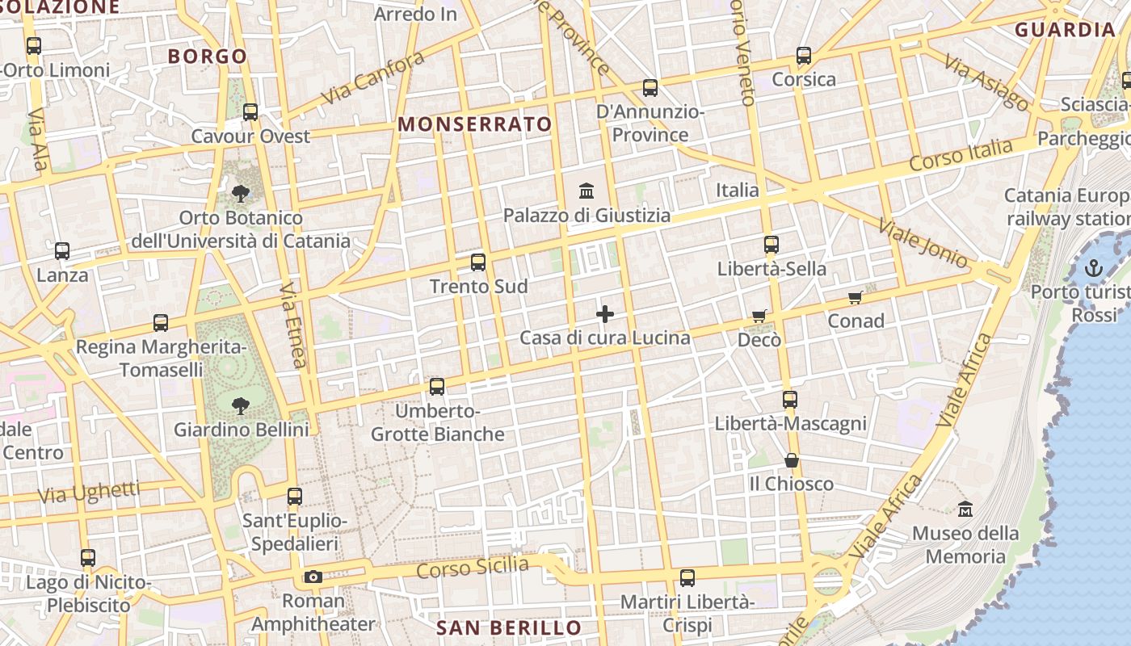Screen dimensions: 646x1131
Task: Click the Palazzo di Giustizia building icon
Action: point(587,191)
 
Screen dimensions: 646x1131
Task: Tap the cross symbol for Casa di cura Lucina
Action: point(605,314)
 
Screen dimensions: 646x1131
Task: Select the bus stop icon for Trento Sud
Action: point(478,262)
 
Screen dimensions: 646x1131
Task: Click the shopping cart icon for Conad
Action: point(856,297)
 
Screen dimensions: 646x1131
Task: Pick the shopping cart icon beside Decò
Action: point(759,316)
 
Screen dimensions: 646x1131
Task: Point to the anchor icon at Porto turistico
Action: point(1094,268)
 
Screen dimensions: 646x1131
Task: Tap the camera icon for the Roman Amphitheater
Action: point(313,577)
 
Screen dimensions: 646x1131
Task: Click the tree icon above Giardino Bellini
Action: point(241,405)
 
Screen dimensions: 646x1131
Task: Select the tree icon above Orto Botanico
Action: point(241,193)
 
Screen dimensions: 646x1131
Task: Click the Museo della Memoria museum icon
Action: point(965,510)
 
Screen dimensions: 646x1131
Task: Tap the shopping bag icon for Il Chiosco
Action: point(792,460)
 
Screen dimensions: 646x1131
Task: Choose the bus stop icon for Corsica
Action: point(804,56)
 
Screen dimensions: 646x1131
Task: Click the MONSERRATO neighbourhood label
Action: point(475,124)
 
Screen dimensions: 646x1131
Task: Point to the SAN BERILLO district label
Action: point(509,628)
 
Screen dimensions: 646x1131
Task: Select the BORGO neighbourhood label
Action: point(207,57)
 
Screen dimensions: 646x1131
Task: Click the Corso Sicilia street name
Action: point(473,568)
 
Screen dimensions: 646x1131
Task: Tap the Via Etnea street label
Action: point(293,325)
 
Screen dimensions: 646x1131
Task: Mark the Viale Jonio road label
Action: point(923,243)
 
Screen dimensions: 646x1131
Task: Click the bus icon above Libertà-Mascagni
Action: point(790,400)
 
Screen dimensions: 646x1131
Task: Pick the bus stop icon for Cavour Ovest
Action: point(250,112)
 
